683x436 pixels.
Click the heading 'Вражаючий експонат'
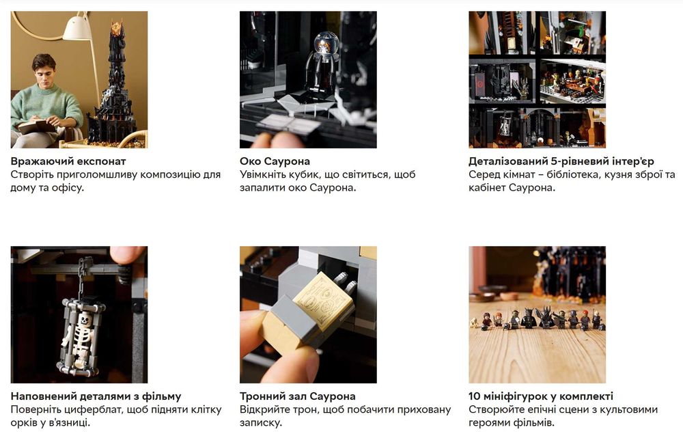point(68,161)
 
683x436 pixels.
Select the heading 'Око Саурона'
point(275,161)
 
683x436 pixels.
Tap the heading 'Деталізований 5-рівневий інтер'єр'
point(561,161)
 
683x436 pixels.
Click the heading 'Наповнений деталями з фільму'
point(96,396)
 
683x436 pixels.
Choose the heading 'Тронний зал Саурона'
point(298,396)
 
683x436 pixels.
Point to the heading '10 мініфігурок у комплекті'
point(540,396)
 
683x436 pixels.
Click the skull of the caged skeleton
point(85,320)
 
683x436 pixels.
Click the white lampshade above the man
point(76,29)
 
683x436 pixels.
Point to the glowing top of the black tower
point(117,28)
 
